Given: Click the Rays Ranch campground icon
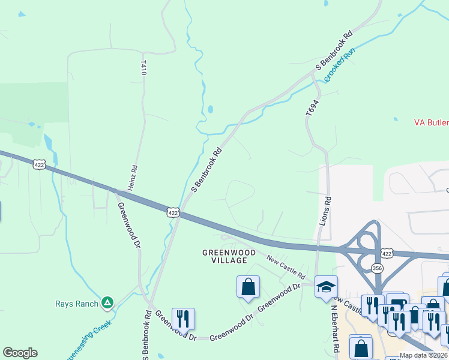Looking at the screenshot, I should pos(107,302).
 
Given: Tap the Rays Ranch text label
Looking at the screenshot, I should pos(77,304).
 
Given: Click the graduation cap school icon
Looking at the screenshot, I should pos(326,287).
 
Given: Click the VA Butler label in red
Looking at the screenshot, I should pos(431,122).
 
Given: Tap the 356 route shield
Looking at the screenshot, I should pos(377,268).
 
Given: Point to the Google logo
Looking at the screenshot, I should pos(20,353).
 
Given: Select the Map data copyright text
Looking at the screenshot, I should pos(424,355).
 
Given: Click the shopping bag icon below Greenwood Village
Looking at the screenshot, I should pos(248,287).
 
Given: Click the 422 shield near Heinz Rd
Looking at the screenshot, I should pos(173,212).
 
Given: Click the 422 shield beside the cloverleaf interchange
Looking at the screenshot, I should pos(387,254).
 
